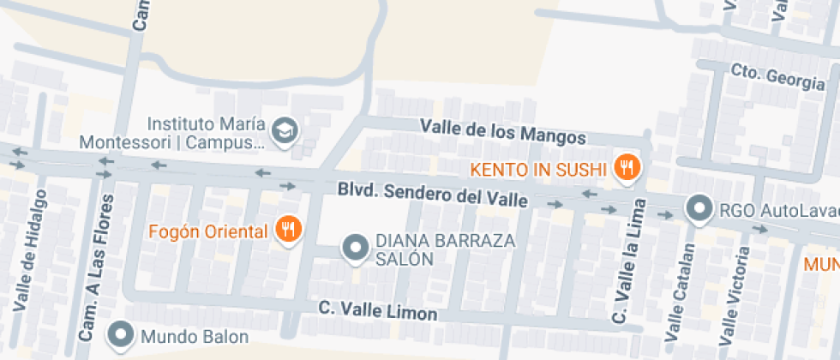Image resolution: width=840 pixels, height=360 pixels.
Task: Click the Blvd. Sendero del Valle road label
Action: click(x=432, y=194)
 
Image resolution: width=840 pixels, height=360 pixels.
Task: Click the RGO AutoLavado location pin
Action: click(x=700, y=208)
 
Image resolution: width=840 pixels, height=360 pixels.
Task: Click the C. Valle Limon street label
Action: click(x=377, y=311)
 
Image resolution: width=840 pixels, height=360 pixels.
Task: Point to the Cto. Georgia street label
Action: click(x=777, y=78)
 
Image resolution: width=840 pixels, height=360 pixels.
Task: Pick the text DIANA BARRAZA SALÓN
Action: click(x=446, y=249)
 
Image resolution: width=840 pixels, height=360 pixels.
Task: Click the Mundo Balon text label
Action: click(x=195, y=337)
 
